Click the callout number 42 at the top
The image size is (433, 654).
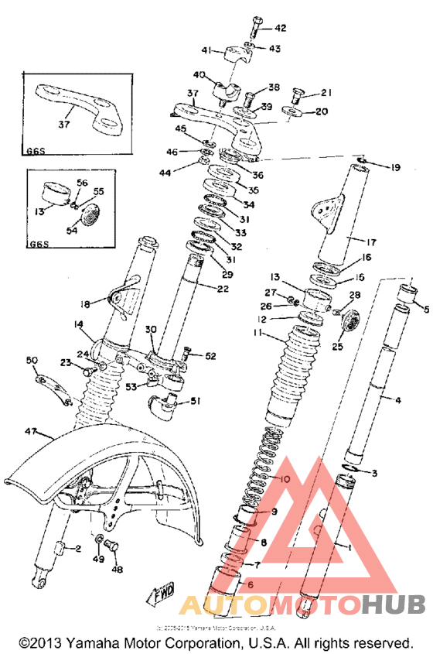point(280,29)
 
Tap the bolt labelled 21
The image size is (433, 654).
point(297,95)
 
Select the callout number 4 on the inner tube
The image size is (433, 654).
point(398,400)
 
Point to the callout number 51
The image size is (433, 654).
point(194,401)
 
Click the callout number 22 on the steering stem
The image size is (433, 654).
point(223,289)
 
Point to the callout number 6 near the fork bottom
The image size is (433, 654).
point(249,585)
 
